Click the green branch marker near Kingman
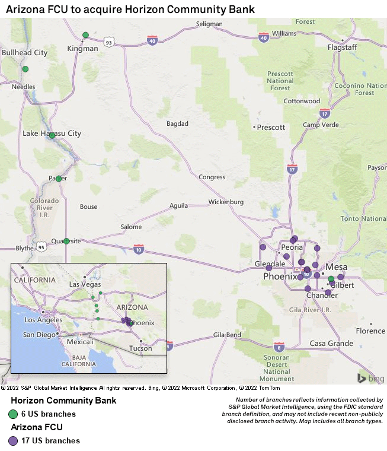(x=86, y=35)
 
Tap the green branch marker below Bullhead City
(x=25, y=69)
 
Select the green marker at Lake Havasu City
(x=52, y=135)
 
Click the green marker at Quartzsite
(x=66, y=241)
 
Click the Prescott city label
(x=271, y=127)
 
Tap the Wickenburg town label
(x=226, y=202)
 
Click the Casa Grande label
(x=331, y=343)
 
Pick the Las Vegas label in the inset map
(x=85, y=284)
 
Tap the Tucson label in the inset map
(x=140, y=348)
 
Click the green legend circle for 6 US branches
(x=13, y=414)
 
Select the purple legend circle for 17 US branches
(x=13, y=441)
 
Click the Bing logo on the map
(x=370, y=378)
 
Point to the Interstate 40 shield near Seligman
(x=152, y=40)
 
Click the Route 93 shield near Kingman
(x=108, y=42)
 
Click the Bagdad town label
(x=177, y=123)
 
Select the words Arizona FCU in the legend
(x=36, y=427)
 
